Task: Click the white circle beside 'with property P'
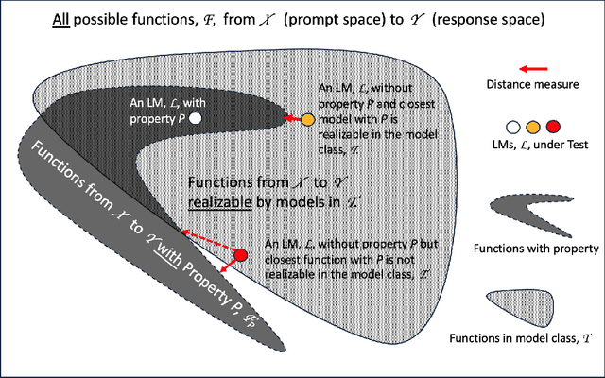[x=195, y=119]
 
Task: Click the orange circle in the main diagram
[x=307, y=120]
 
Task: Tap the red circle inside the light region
[x=240, y=256]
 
